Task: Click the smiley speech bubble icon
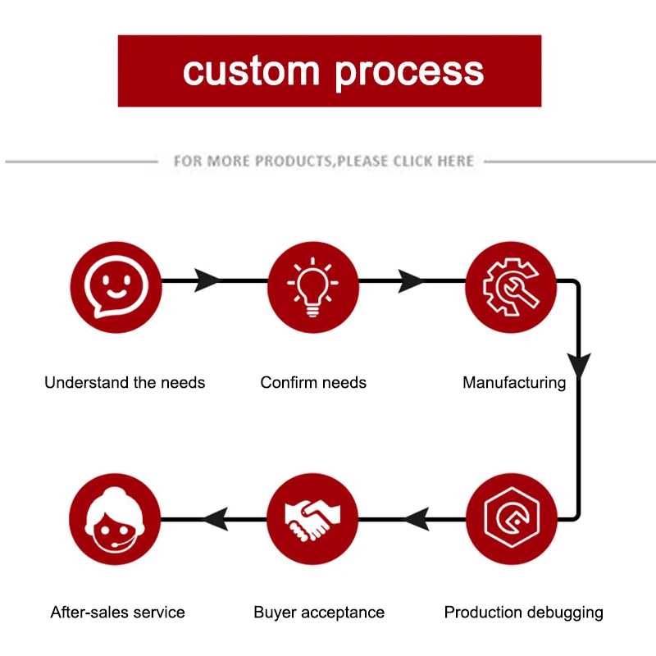116,287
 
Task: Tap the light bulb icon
313,287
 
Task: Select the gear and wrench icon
511,287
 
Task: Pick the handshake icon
312,519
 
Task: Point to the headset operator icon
115,519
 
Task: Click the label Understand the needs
125,382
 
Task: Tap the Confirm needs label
313,382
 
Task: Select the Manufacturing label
514,383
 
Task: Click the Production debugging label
523,613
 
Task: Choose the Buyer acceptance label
319,613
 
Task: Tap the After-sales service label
117,612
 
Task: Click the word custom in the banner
252,71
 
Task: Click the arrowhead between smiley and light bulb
207,280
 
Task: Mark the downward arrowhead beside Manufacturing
579,365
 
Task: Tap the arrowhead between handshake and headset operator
216,519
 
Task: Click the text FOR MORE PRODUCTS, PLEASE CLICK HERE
324,161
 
